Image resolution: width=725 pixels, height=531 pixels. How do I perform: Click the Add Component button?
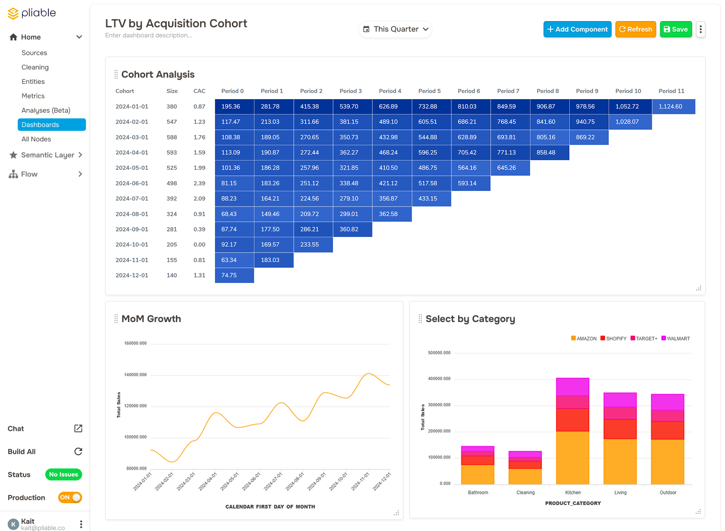tap(577, 29)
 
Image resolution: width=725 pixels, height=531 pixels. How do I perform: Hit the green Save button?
tap(676, 29)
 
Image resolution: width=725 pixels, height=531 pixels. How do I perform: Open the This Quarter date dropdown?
tap(395, 29)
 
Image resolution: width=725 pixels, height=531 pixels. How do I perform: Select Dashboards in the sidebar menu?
tap(52, 125)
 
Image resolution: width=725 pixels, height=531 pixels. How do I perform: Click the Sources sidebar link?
tap(34, 53)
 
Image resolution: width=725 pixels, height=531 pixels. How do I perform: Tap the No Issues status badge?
tap(63, 474)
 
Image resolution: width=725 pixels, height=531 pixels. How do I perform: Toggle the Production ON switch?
tap(70, 497)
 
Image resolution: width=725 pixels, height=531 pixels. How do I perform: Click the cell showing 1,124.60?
tap(673, 106)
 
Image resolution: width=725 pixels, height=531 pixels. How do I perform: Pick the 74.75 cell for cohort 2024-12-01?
tap(234, 275)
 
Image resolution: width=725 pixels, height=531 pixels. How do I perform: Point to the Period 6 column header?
tap(469, 91)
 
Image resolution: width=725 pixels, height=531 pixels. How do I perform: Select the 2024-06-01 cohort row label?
tap(132, 183)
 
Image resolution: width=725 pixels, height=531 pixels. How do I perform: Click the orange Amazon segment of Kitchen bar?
tap(573, 457)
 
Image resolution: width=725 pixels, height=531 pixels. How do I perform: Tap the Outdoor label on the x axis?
tap(667, 493)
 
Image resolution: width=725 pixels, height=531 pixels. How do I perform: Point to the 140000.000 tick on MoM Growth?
tap(135, 375)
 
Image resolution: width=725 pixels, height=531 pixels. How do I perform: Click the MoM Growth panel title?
tap(151, 319)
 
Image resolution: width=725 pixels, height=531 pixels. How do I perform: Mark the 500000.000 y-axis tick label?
tap(439, 353)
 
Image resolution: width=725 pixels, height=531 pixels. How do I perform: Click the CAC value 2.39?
tap(199, 183)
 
